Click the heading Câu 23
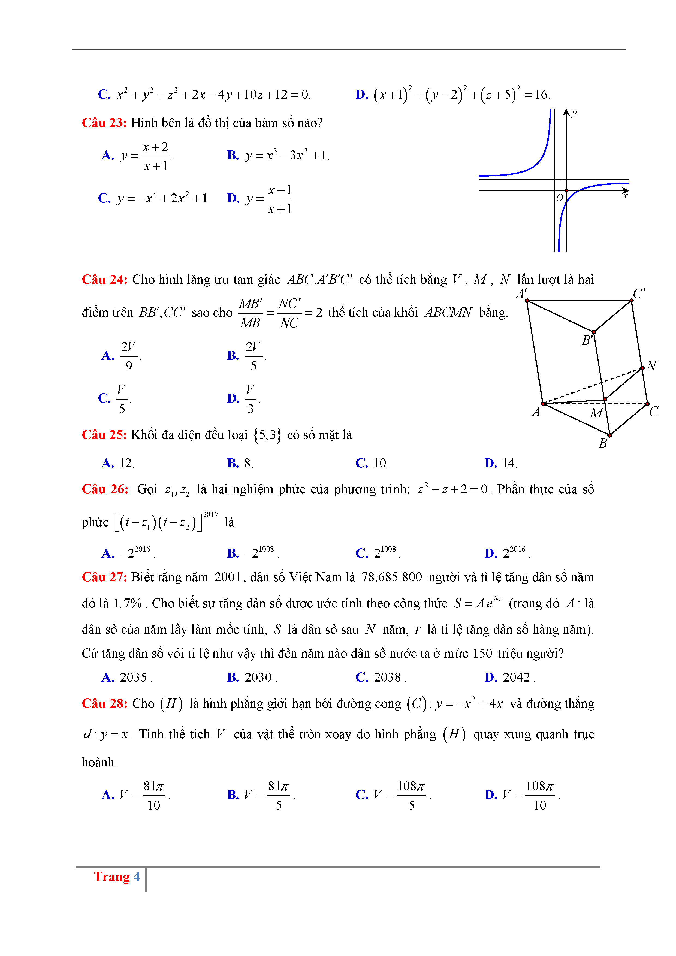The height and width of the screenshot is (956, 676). (x=104, y=123)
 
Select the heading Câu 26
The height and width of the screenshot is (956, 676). (x=105, y=489)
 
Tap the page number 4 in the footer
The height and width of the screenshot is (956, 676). (x=136, y=876)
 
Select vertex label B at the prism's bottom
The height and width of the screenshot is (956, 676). (x=603, y=443)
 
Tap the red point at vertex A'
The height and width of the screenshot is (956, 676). (x=527, y=301)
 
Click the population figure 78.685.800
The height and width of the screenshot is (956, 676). (x=391, y=577)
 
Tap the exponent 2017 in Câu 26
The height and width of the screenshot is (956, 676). (x=210, y=515)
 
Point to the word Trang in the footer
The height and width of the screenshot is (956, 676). (x=112, y=876)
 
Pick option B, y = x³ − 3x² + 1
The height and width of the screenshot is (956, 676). (x=287, y=156)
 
